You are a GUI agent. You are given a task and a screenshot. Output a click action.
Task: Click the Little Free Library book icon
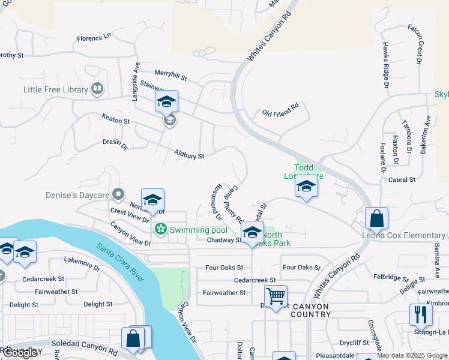[x=97, y=89]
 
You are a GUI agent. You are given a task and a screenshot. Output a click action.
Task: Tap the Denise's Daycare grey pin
[x=118, y=194]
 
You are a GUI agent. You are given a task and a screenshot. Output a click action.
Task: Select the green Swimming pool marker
[x=160, y=229]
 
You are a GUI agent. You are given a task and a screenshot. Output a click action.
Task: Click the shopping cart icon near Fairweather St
[x=276, y=295]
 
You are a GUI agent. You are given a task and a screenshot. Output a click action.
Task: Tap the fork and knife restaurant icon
[x=421, y=314]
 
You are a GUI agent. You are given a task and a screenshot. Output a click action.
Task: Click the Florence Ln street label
[x=94, y=38]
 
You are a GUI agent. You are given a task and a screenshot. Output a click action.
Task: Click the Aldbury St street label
[x=189, y=154]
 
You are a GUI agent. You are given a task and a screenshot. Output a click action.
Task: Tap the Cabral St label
[x=402, y=179]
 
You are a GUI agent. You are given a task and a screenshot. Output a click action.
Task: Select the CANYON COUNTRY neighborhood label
[x=310, y=310]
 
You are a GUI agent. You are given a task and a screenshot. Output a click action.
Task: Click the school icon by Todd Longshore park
[x=306, y=187]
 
